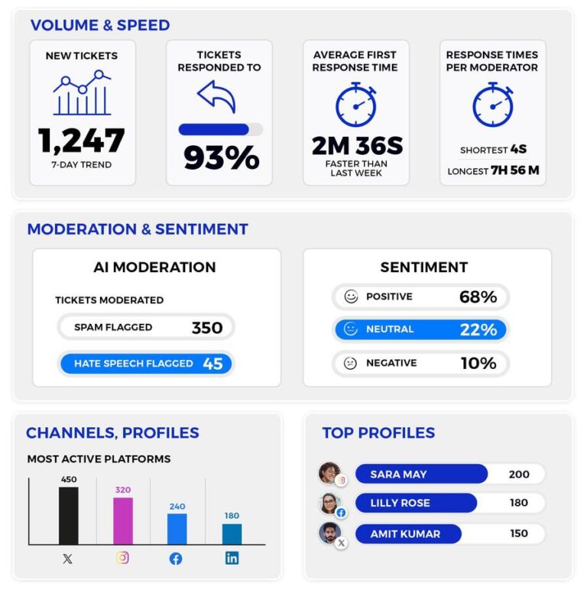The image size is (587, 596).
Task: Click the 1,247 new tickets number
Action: click(82, 141)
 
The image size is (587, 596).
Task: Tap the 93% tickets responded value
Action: click(221, 157)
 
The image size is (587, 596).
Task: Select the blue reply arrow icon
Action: click(216, 97)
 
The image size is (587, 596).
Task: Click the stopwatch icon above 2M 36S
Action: click(356, 105)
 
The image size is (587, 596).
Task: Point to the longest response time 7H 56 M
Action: click(515, 170)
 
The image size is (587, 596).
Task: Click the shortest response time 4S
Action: click(520, 150)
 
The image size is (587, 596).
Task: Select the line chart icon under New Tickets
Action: click(82, 93)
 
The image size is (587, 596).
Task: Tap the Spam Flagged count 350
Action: click(206, 328)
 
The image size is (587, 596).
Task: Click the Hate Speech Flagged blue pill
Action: click(145, 364)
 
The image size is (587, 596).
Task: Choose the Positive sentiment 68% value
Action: click(478, 296)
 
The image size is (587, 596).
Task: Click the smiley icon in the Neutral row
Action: click(351, 329)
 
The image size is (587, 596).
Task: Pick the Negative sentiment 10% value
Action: click(478, 363)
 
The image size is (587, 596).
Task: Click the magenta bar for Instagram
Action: click(123, 520)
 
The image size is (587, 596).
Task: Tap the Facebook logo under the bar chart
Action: click(176, 559)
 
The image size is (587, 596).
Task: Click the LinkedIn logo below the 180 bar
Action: click(232, 558)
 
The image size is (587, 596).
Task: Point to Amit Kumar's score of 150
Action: click(518, 533)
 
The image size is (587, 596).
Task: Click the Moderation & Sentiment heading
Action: click(138, 229)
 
